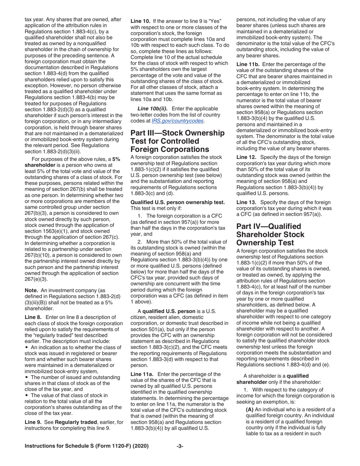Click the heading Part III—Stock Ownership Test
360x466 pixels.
point(177,141)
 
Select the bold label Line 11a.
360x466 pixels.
point(141,374)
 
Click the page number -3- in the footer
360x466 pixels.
point(180,446)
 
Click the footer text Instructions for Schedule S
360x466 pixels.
point(86,446)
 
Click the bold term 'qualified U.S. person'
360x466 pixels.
point(169,311)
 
